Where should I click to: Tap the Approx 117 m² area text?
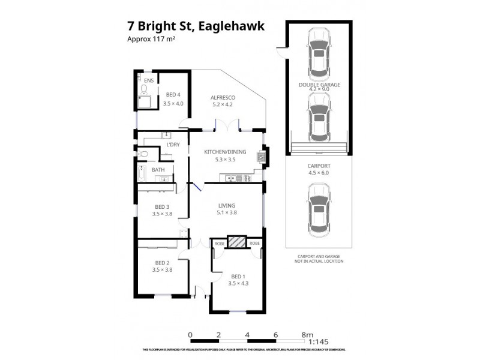point(151,40)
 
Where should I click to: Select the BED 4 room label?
point(174,94)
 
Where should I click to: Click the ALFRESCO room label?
point(222,98)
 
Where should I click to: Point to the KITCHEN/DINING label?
point(225,152)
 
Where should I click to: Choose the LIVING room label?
point(226,206)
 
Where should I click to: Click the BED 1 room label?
point(238,277)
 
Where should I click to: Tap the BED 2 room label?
point(163,263)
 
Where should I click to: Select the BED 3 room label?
point(163,207)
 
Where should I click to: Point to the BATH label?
point(158,170)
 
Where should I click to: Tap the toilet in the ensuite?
point(144,90)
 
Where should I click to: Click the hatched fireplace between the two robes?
point(238,242)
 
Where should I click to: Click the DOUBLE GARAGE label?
point(319,85)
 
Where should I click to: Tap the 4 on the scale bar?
point(247,335)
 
